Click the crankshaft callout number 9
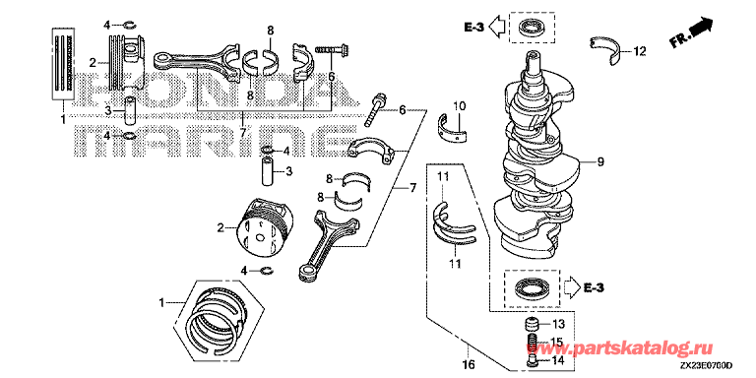point(599,163)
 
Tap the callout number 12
point(639,50)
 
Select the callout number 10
point(459,105)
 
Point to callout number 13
point(557,323)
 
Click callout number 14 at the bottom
point(557,359)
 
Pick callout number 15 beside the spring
point(557,342)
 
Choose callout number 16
point(468,363)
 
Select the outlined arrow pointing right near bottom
point(570,288)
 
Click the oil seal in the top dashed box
point(531,28)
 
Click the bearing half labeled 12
point(606,48)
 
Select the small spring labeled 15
point(533,343)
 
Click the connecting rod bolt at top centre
point(334,48)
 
